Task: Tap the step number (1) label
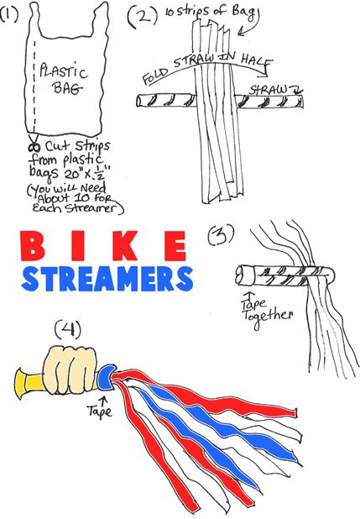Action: [x=9, y=14]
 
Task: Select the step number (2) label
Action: [x=143, y=16]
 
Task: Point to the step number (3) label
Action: [x=221, y=235]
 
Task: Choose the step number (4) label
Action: [x=68, y=330]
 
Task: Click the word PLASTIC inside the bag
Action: [x=63, y=71]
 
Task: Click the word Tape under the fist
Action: [x=100, y=411]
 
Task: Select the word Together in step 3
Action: [x=268, y=317]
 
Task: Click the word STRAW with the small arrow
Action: [x=269, y=90]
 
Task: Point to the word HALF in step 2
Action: [x=257, y=60]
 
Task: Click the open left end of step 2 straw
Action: [x=139, y=101]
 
